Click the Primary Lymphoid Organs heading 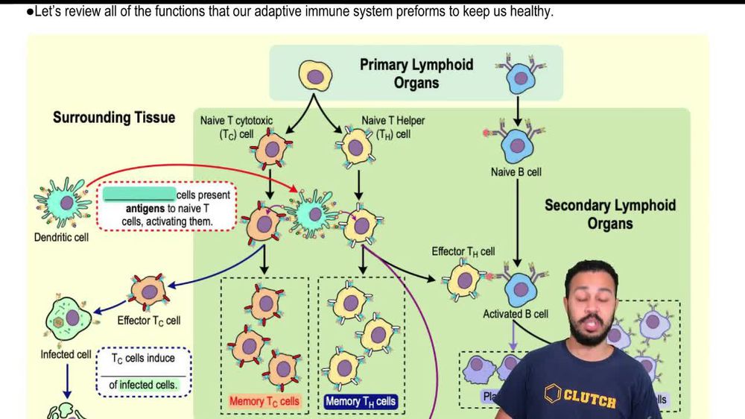tap(416, 73)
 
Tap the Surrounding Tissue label tap(114, 118)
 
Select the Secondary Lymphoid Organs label tap(609, 214)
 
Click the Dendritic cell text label tap(62, 238)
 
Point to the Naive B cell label tap(516, 172)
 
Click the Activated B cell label tap(516, 314)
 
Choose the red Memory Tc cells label tap(264, 402)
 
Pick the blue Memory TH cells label tap(361, 402)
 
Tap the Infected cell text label tap(66, 354)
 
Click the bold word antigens tap(150, 209)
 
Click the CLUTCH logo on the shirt tap(584, 396)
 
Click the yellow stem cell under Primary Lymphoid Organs tap(316, 77)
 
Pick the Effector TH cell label tap(463, 252)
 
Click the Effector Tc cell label tap(148, 321)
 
